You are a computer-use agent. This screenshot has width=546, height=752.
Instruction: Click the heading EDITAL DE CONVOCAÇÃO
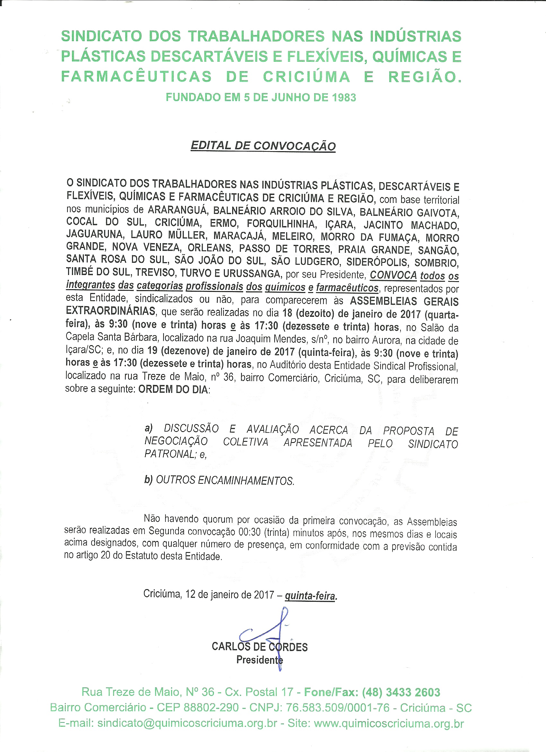click(x=263, y=146)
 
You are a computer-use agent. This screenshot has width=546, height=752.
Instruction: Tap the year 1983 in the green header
click(x=344, y=97)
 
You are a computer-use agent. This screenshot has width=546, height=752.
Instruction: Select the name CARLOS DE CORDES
click(x=260, y=646)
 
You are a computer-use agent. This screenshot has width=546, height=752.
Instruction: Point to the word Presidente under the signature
click(x=259, y=659)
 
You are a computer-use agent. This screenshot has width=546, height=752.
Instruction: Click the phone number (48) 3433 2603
click(x=401, y=692)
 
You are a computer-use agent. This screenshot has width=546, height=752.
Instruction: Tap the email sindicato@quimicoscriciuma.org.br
click(x=187, y=723)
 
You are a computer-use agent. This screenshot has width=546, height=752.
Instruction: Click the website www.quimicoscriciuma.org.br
click(x=389, y=723)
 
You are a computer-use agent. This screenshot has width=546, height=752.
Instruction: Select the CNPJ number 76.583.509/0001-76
click(x=338, y=708)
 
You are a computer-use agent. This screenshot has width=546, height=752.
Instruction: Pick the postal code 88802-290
click(x=211, y=708)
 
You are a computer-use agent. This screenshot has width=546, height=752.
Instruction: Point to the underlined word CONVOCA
click(x=393, y=275)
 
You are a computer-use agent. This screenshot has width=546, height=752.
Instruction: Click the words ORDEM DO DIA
click(x=173, y=389)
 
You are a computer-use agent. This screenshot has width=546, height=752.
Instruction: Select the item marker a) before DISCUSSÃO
click(x=148, y=428)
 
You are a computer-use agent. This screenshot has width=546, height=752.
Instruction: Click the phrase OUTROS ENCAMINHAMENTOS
click(x=225, y=481)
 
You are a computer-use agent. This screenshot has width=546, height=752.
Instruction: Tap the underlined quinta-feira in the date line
click(x=310, y=596)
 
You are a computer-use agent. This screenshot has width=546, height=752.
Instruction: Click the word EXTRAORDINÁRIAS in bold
click(x=110, y=311)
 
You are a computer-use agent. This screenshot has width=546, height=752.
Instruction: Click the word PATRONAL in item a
click(x=170, y=454)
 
